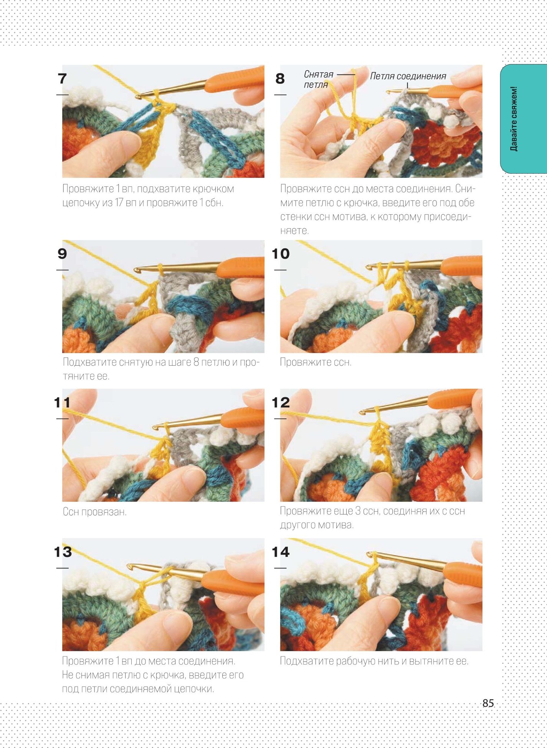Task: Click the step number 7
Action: coord(62,78)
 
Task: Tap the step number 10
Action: coord(281,254)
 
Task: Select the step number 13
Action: coord(63,552)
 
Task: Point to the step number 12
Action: coord(281,403)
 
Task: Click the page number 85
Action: coord(488,703)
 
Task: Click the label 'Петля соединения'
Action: coord(408,76)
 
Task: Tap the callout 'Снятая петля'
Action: coord(319,79)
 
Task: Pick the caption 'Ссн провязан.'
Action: coord(94,512)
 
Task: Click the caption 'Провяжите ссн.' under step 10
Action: coord(316,362)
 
